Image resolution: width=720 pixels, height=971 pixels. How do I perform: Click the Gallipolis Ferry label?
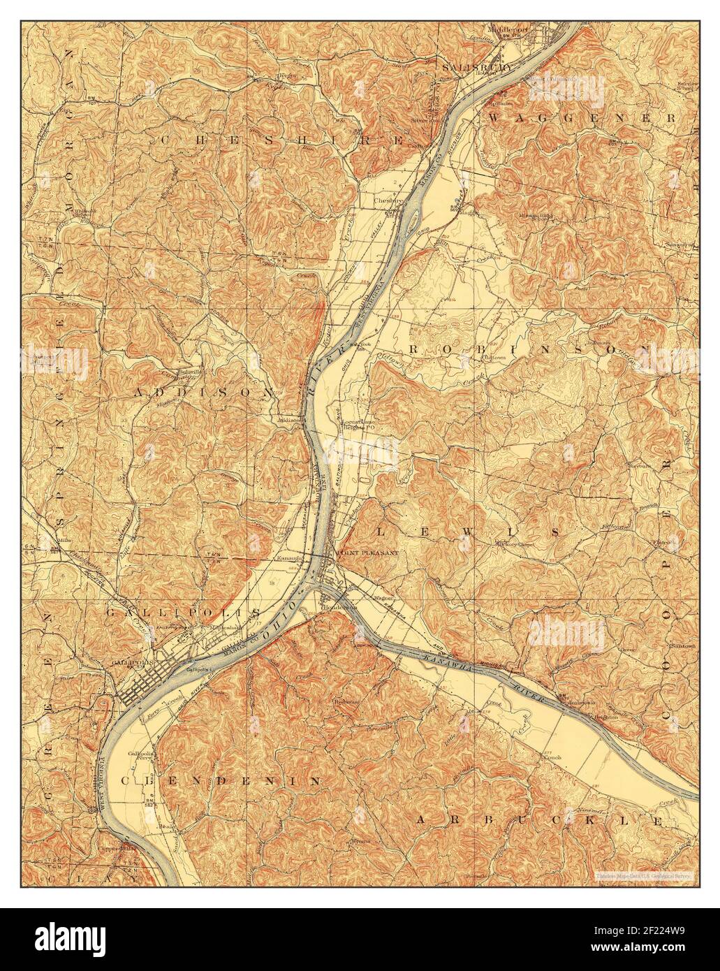(140, 759)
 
